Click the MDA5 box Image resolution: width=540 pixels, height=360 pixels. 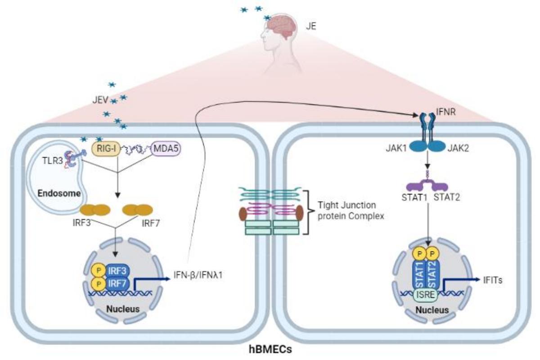click(165, 147)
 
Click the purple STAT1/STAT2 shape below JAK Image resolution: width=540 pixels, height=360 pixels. click(426, 184)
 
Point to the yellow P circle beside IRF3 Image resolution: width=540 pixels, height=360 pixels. click(96, 271)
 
